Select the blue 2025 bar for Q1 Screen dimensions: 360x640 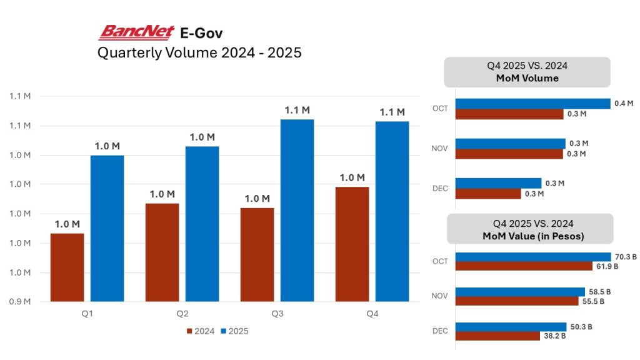coord(107,228)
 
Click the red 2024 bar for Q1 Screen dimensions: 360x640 coord(67,267)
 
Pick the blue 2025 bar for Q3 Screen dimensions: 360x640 coord(297,210)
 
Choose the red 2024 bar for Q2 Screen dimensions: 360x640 coord(162,252)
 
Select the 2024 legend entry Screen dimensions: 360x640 coord(201,331)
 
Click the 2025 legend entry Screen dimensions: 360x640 coord(236,331)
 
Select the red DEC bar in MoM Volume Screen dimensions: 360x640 coord(487,194)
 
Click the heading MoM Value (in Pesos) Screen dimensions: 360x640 coord(528,236)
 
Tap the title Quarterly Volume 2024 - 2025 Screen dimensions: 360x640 coord(199,52)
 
